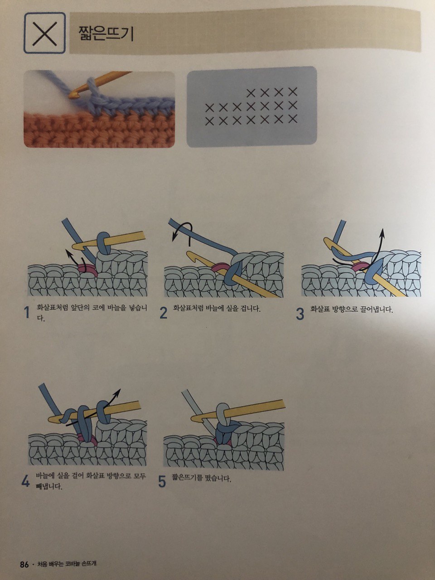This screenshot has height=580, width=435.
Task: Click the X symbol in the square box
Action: pyautogui.click(x=45, y=33)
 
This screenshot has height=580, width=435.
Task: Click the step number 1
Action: pyautogui.click(x=26, y=313)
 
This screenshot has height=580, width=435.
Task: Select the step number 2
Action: pyautogui.click(x=164, y=313)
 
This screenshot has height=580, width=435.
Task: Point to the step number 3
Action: pyautogui.click(x=300, y=314)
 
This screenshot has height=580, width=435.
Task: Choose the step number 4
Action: pyautogui.click(x=25, y=481)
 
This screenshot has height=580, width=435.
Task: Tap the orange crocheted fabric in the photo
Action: pyautogui.click(x=99, y=130)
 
